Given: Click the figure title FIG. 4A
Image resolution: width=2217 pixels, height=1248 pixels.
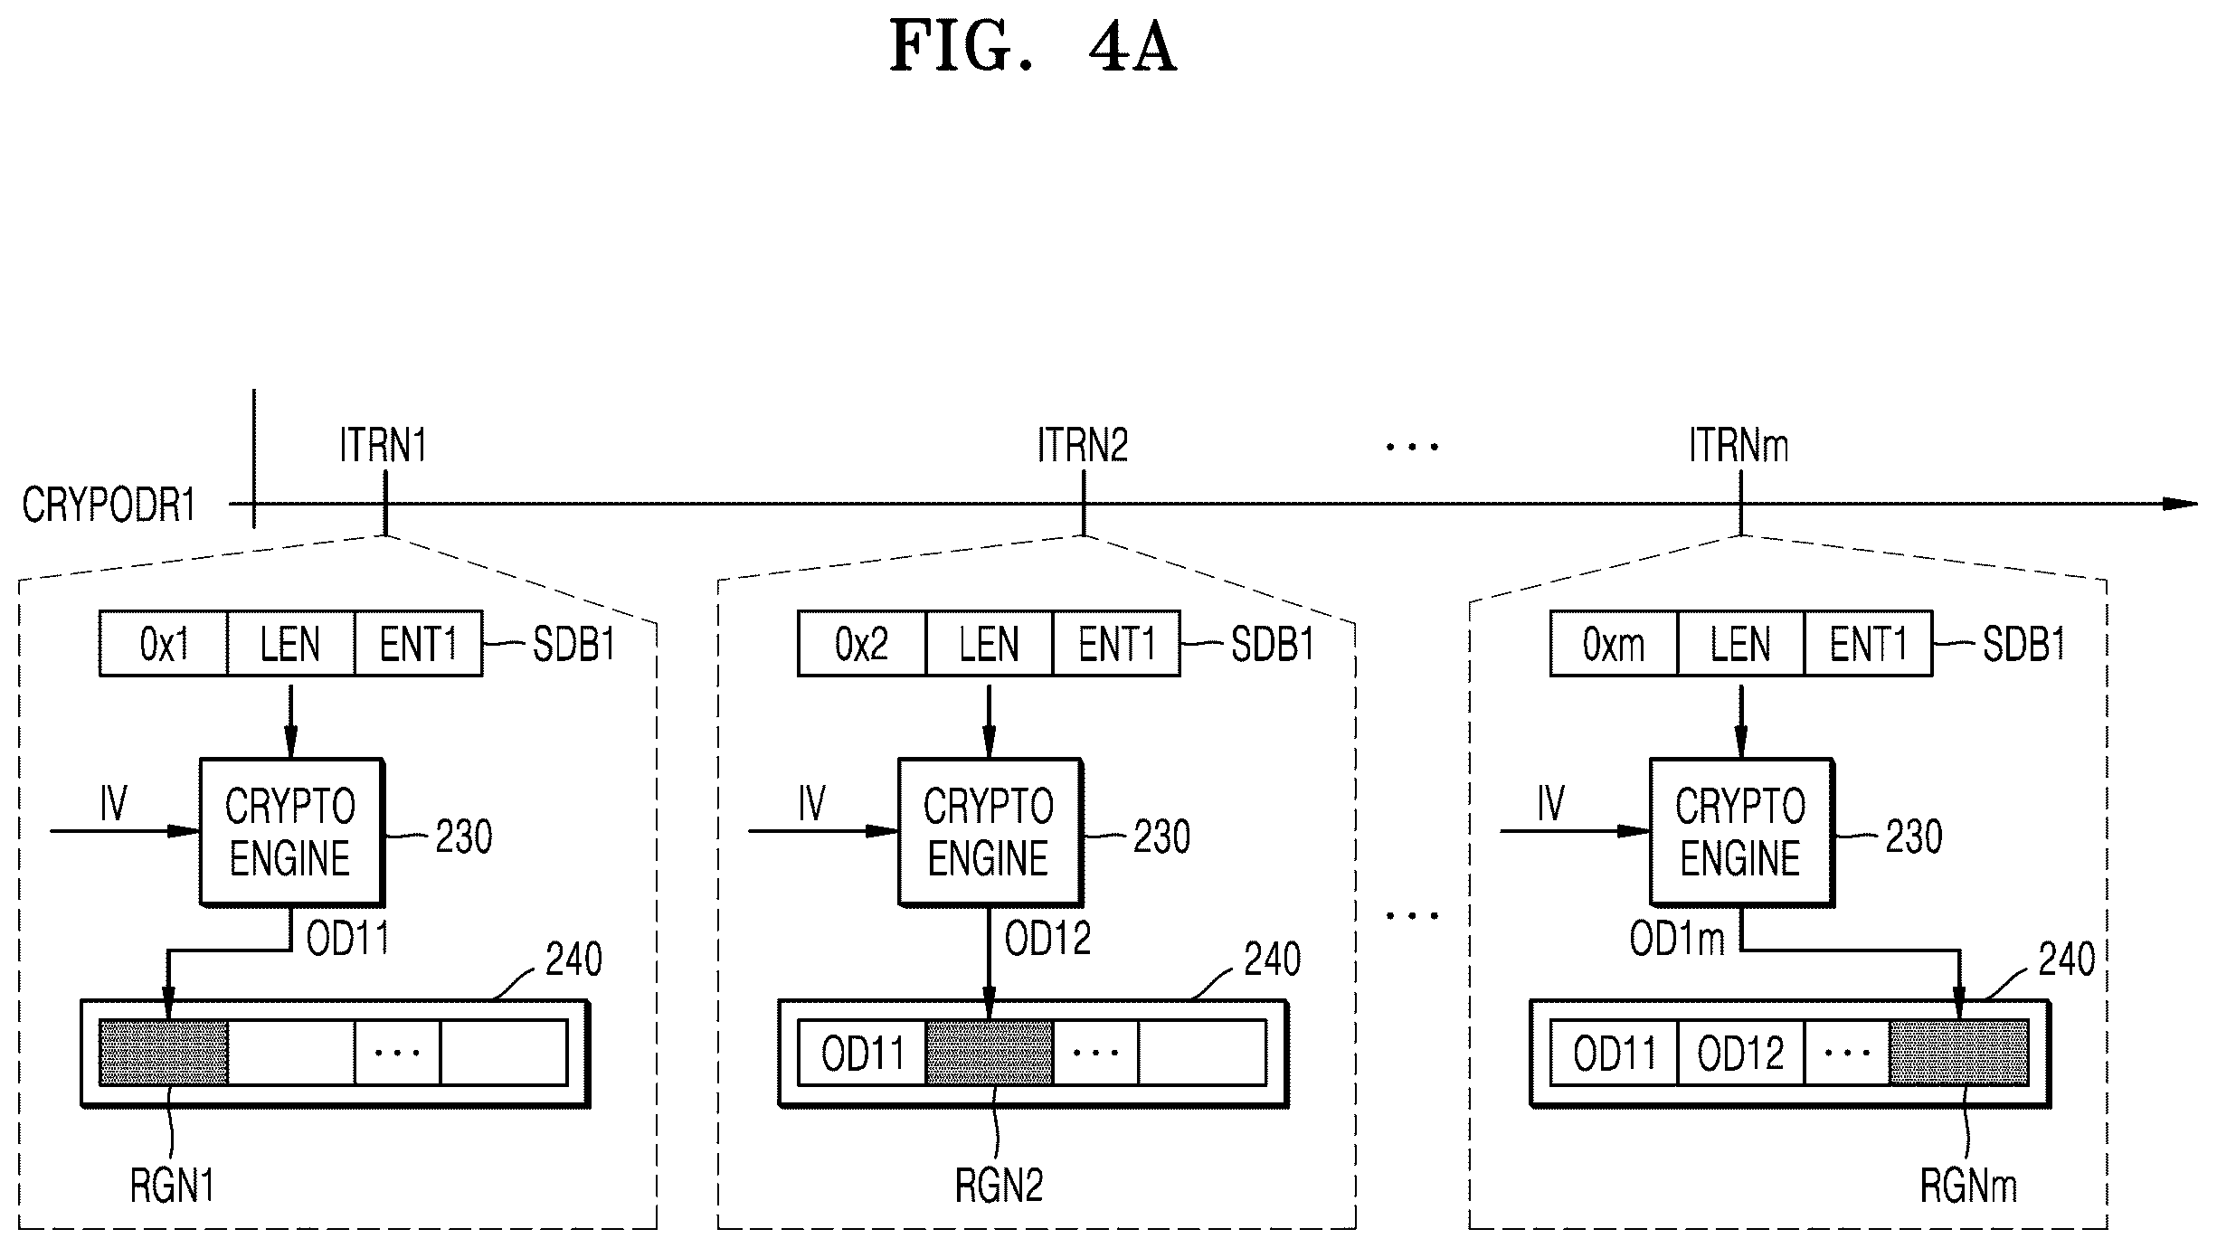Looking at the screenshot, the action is point(1033,46).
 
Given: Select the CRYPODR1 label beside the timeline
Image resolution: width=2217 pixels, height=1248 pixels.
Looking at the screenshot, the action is point(109,505).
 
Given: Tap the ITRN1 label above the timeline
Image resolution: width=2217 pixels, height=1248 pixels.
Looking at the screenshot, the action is point(384,445).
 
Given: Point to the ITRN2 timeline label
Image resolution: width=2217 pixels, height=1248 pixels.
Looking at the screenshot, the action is point(1083,445).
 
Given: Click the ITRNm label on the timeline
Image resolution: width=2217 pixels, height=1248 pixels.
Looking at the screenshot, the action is point(1739,445).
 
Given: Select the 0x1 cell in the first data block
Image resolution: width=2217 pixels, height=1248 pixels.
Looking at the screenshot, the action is point(164,644).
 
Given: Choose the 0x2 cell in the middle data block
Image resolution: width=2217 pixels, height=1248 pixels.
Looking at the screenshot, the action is point(862,644).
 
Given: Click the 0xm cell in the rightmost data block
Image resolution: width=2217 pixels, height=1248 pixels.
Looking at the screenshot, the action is point(1614,644).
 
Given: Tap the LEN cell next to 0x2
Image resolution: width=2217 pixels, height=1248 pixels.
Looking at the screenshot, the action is point(990,644).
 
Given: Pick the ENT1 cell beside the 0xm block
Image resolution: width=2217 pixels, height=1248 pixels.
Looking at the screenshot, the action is point(1868,644).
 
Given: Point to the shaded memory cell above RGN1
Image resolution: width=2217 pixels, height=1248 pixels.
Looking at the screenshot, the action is point(164,1052).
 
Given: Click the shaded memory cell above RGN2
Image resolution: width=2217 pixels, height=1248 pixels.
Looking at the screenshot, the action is point(990,1052).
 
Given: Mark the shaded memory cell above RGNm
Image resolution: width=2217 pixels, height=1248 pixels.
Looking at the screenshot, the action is point(1958,1052).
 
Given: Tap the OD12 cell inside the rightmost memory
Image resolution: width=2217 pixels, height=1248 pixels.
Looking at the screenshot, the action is point(1740,1053).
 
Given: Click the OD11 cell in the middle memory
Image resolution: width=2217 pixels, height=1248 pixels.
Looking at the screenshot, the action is point(862,1053).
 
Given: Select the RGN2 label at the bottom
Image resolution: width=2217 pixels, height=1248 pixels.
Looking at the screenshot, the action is point(999,1186).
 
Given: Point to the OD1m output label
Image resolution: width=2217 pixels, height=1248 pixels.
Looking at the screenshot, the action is point(1677,940).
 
